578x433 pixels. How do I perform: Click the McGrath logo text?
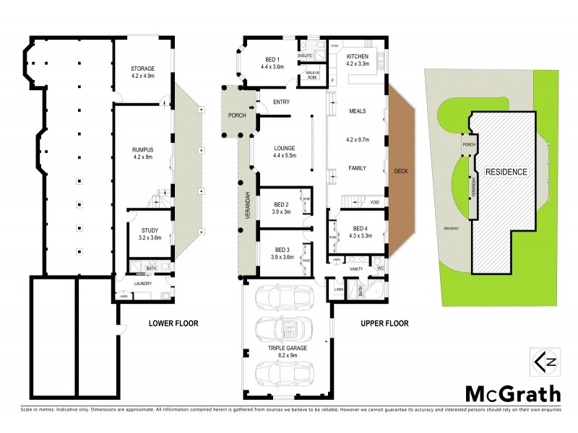click(x=512, y=393)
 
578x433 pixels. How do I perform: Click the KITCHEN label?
click(x=358, y=56)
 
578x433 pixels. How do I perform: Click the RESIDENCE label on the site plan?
click(x=506, y=172)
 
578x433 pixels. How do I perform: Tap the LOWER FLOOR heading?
click(x=173, y=323)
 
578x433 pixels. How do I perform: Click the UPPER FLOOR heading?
click(x=384, y=323)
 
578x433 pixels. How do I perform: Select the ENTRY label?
click(x=281, y=102)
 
